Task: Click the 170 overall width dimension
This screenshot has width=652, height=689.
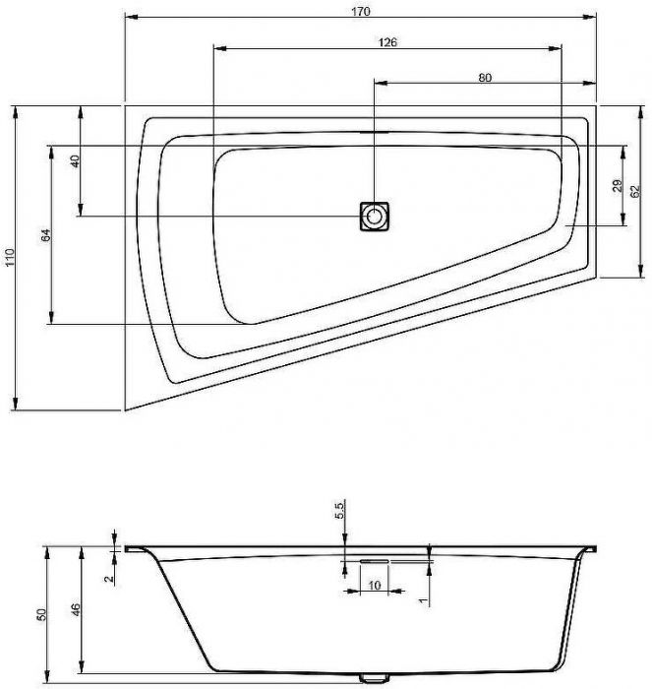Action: click(x=361, y=11)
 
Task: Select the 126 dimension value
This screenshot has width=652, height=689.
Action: click(x=387, y=42)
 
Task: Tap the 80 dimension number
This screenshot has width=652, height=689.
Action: click(x=485, y=78)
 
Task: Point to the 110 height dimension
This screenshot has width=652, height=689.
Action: click(x=10, y=257)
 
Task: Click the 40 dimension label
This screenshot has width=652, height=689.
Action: click(x=76, y=160)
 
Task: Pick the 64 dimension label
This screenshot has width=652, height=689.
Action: click(x=46, y=235)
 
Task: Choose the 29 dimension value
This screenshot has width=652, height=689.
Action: click(x=618, y=185)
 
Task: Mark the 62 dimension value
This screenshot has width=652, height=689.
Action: click(x=635, y=192)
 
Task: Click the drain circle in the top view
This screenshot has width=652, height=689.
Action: click(x=374, y=217)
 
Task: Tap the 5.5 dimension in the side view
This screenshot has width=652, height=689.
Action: click(x=340, y=510)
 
